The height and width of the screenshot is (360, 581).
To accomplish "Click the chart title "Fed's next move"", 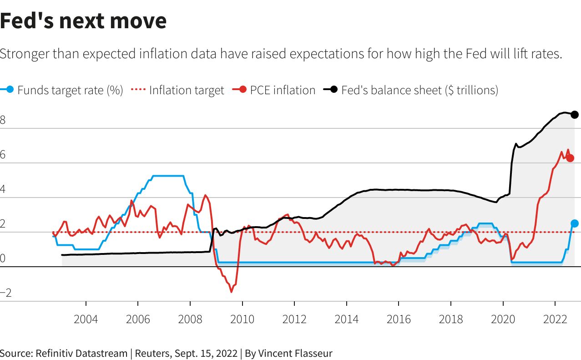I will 83,21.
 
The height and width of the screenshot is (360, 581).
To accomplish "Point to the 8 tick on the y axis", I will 3,121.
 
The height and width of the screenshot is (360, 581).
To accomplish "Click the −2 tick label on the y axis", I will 5,294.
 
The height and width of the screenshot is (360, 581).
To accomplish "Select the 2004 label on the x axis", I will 86,319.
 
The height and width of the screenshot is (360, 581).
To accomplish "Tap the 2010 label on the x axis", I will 242,319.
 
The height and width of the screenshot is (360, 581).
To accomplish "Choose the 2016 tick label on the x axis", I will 399,319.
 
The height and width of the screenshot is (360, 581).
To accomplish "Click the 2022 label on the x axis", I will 555,319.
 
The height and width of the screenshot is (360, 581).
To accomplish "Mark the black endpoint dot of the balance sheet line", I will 575,114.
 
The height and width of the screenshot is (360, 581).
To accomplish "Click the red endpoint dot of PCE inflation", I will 570,158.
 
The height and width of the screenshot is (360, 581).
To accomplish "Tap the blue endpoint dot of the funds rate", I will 575,223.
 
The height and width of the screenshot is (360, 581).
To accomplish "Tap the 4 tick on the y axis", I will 3,190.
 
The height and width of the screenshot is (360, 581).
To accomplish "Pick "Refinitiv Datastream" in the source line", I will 81,353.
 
